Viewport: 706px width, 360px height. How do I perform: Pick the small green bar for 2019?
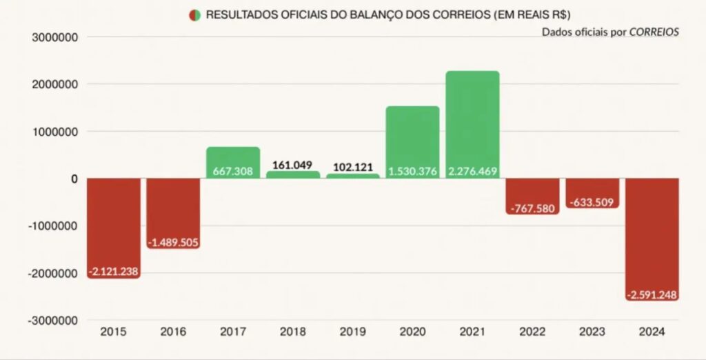click(353, 176)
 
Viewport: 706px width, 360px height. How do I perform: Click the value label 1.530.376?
click(412, 171)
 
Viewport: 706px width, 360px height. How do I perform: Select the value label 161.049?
click(292, 166)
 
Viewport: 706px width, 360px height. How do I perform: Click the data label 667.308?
click(233, 171)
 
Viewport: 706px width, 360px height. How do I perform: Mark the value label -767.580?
click(532, 208)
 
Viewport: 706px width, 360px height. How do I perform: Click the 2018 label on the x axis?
click(292, 332)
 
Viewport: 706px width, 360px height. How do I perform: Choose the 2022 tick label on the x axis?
click(532, 332)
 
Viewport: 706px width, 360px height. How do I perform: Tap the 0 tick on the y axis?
click(74, 179)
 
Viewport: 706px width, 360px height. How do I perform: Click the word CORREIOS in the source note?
click(654, 32)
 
